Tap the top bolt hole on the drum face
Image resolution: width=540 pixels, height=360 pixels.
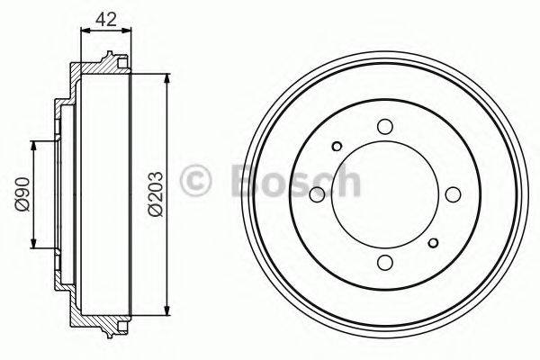point(384,127)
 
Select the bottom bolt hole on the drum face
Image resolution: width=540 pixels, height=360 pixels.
point(384,262)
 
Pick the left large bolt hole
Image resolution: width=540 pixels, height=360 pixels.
point(317,194)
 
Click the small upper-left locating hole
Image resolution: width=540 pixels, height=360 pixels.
point(337,147)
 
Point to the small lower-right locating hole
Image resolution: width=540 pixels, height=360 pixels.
point(433,242)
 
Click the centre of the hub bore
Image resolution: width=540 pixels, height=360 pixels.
point(384,194)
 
